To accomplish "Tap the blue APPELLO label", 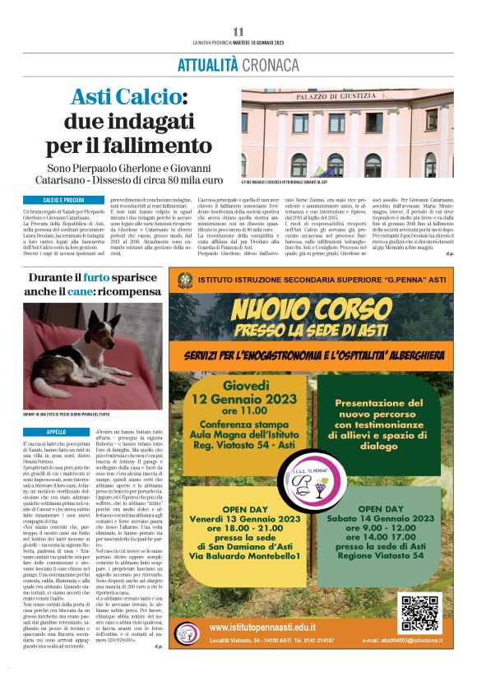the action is pos(57,432).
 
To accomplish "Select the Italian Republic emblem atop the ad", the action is pos(185,281).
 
